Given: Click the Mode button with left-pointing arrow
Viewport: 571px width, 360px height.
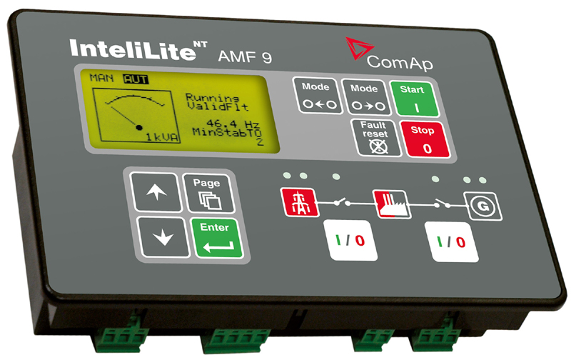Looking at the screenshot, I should coord(315,96).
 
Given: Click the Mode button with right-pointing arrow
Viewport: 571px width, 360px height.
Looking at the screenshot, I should coord(364,96).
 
